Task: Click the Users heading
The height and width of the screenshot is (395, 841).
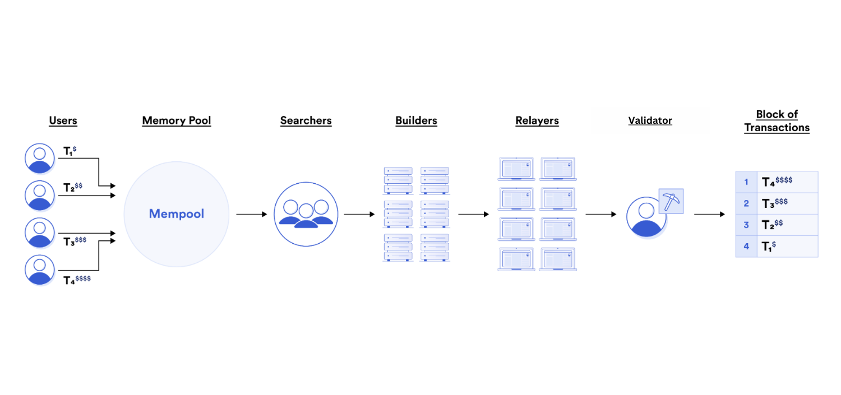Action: point(63,120)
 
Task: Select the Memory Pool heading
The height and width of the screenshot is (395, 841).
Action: point(177,120)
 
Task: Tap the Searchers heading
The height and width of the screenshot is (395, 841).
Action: point(306,120)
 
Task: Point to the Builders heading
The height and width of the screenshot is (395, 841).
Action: point(416,120)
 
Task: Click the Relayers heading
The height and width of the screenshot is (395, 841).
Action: point(537,120)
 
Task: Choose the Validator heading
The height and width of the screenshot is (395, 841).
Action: point(650,120)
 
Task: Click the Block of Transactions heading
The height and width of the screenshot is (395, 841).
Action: point(777,121)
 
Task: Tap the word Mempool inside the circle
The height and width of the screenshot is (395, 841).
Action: point(177,214)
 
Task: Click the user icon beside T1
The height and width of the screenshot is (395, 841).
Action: point(40,158)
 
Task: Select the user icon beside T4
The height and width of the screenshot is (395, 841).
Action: point(40,270)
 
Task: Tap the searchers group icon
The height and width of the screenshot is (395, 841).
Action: point(306,214)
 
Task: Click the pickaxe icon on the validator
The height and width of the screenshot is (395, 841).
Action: point(671,201)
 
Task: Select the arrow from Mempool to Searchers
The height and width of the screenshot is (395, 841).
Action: point(251,214)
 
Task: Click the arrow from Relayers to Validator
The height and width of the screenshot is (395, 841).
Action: point(601,214)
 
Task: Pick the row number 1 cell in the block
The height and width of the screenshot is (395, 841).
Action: point(746,182)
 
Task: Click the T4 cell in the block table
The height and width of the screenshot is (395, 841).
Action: point(787,182)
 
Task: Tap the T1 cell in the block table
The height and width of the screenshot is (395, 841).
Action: point(787,247)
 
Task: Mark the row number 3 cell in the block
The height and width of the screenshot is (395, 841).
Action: point(746,225)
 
